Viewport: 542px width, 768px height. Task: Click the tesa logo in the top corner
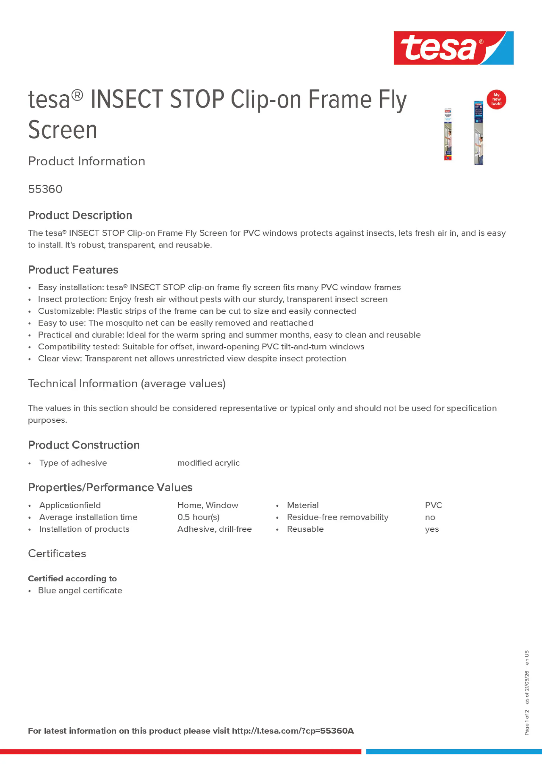coord(453,48)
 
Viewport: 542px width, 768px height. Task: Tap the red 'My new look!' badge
coord(496,99)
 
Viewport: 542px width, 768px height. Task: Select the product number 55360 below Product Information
coord(45,189)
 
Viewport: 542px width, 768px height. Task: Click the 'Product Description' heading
coord(80,215)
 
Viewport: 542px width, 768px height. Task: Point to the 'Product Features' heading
coord(73,270)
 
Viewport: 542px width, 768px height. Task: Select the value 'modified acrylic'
coord(209,463)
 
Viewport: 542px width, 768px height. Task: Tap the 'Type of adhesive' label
coord(73,463)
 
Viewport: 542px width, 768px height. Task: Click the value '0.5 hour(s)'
coord(198,517)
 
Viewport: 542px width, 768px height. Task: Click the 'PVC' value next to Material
coord(433,505)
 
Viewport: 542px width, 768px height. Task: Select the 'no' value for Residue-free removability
coord(430,518)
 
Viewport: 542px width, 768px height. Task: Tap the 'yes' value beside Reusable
coord(432,529)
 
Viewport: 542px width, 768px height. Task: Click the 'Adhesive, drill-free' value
coord(215,529)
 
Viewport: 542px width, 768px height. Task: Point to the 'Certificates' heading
coord(57,554)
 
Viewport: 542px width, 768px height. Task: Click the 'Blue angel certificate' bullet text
coord(80,590)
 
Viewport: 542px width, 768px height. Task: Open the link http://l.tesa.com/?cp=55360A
coord(293,731)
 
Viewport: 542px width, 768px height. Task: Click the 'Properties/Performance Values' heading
coord(110,487)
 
